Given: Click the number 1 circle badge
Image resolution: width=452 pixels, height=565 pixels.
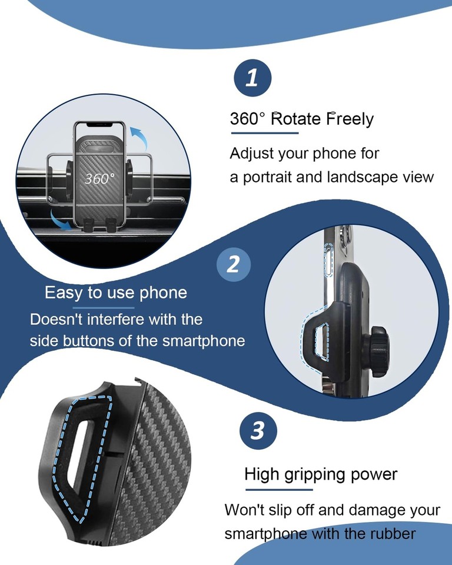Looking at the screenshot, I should tap(252, 78).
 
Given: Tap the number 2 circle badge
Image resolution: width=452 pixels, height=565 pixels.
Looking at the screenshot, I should tap(233, 265).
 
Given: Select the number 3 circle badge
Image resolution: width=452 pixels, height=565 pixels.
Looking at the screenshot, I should tap(258, 431).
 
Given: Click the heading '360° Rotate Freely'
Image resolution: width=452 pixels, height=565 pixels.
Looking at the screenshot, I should tap(301, 119).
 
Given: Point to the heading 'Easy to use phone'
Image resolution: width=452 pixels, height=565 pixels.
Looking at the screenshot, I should tap(116, 293).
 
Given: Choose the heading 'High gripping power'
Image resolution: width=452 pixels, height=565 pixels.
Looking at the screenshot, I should tap(321, 474).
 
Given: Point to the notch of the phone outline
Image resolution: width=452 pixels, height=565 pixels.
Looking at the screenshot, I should tap(99, 125).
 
